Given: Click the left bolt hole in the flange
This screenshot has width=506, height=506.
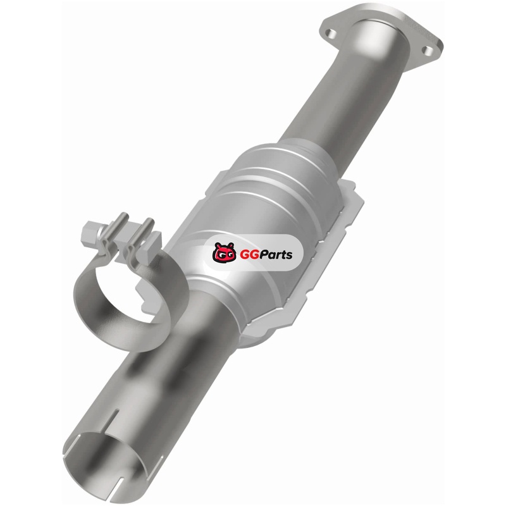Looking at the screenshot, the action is click(x=331, y=33).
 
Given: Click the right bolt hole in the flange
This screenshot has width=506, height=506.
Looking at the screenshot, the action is click(x=428, y=50).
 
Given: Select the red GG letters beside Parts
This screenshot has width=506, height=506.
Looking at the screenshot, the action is click(x=246, y=255).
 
